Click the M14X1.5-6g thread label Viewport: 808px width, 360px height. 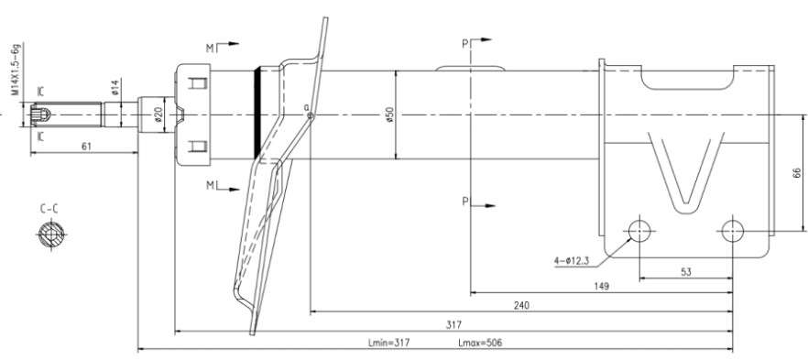[x=16, y=69]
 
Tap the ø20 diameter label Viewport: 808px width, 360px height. [x=158, y=115]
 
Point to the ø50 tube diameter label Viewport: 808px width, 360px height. [x=389, y=115]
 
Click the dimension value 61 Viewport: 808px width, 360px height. [x=86, y=147]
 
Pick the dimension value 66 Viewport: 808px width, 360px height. [x=797, y=172]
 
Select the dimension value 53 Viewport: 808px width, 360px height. [x=685, y=272]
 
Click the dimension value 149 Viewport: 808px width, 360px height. [x=601, y=287]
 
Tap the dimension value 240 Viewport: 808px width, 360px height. [x=521, y=305]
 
